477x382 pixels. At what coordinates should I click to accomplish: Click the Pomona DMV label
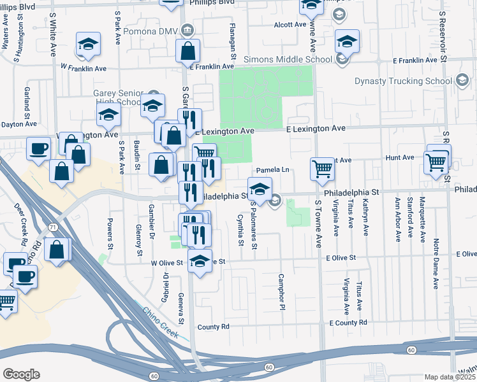(x=157, y=30)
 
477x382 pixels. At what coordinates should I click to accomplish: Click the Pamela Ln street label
(x=273, y=171)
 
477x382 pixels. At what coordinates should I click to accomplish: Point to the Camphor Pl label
(x=281, y=292)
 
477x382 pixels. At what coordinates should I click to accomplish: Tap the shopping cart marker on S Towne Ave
(x=322, y=169)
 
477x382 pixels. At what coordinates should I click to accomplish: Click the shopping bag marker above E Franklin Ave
(x=188, y=51)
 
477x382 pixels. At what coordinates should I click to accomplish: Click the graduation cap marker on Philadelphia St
(x=260, y=189)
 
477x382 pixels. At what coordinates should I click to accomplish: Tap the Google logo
(x=21, y=374)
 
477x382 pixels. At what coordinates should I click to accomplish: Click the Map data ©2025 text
(x=450, y=377)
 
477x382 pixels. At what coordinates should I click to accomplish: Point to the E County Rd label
(x=348, y=323)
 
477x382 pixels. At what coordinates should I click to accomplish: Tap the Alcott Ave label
(x=291, y=24)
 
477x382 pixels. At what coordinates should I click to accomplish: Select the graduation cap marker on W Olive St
(x=200, y=261)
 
